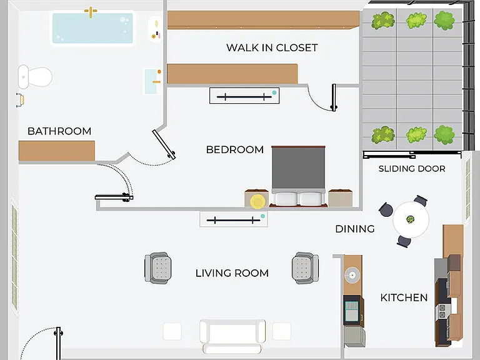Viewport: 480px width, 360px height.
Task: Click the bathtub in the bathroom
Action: point(92,28)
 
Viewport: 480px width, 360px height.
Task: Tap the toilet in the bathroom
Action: point(35,76)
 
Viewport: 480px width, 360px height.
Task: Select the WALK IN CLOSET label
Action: point(272,47)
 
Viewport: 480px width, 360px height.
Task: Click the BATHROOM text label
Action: point(59,131)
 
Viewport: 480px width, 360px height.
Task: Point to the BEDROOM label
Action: point(235,150)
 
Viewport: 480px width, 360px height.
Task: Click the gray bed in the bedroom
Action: point(299,176)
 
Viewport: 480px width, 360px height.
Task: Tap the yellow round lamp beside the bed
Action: point(257,201)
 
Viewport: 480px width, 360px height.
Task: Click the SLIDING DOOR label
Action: point(412,169)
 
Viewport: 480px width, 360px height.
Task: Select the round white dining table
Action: point(411,219)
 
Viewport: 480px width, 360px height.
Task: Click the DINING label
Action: point(355,229)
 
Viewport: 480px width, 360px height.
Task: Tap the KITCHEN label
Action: point(404,297)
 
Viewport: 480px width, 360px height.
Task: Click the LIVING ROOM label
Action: point(232,273)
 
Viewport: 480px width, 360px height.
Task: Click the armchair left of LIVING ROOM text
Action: point(158,268)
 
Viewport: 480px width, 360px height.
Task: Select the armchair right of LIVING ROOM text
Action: point(305,268)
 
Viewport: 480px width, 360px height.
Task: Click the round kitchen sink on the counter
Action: point(352,275)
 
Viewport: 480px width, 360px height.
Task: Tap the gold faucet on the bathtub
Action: point(91,12)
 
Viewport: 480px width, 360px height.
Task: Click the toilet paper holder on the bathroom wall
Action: point(20,100)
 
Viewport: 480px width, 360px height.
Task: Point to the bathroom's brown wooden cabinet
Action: point(57,151)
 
